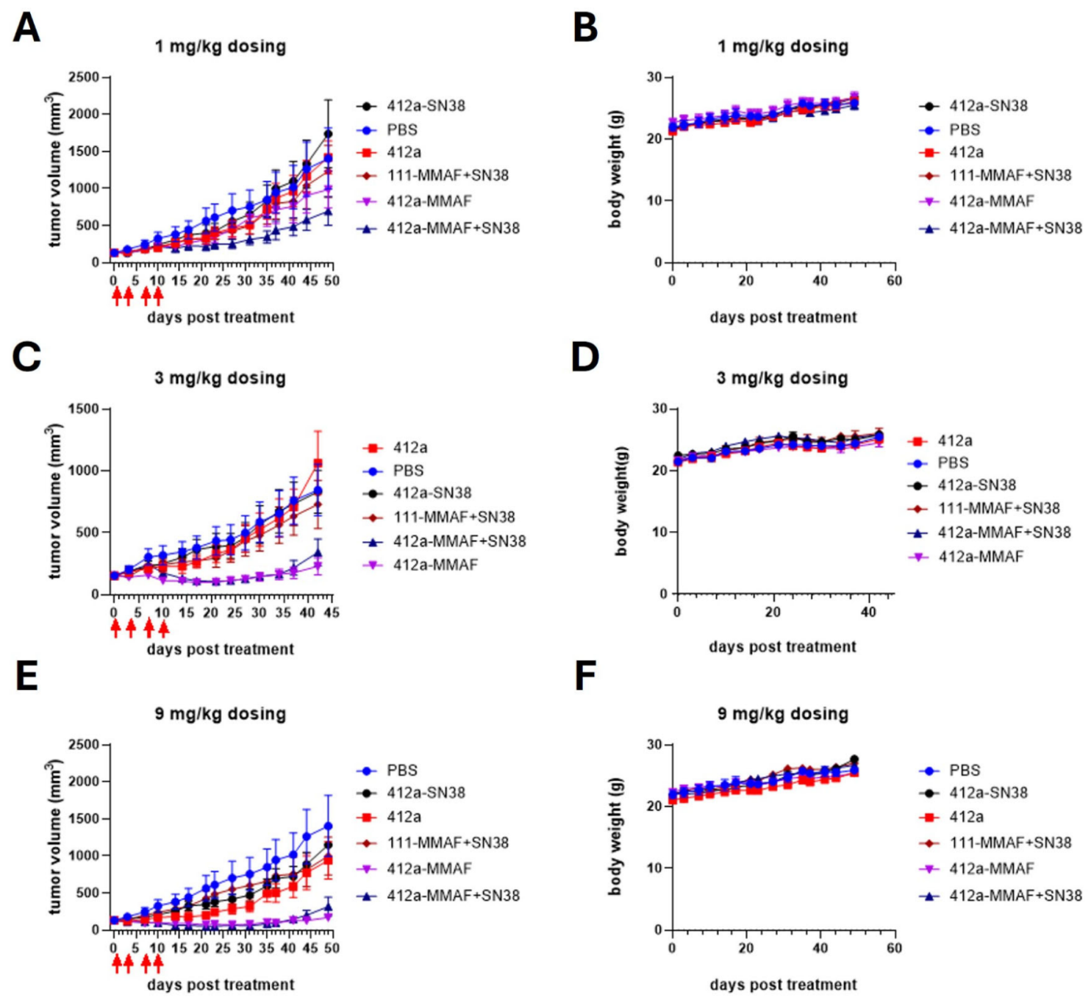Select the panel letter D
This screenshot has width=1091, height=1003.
(585, 357)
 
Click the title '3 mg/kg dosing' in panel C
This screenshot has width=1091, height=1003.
(220, 378)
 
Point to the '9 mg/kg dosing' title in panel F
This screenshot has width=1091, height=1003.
(782, 713)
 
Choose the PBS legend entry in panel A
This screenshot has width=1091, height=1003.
(402, 129)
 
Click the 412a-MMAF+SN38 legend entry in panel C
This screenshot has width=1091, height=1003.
(459, 541)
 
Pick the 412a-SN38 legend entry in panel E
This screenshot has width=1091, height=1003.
(426, 793)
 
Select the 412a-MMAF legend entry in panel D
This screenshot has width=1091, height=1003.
(980, 557)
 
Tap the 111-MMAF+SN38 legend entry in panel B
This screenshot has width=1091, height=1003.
(1009, 175)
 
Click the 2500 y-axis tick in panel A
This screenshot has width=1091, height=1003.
(84, 77)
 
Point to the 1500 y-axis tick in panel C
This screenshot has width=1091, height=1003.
(84, 409)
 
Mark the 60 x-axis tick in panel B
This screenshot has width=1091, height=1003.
(894, 280)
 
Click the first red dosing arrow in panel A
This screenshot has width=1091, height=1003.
(116, 296)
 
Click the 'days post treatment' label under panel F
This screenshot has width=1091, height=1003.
(783, 985)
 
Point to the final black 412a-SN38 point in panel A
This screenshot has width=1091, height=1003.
(328, 134)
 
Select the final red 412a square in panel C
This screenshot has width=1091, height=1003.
(318, 463)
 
